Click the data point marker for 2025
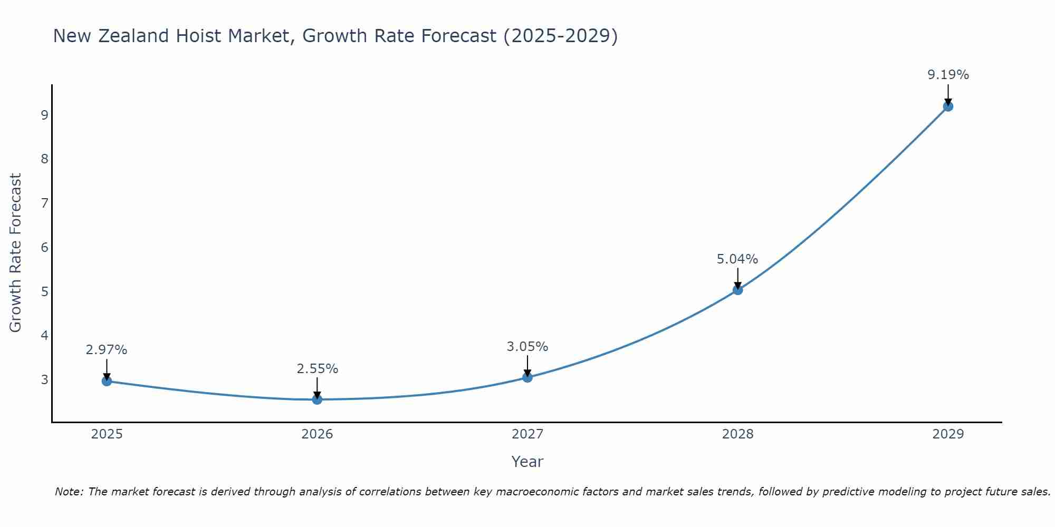point(107,381)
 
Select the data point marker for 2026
point(317,399)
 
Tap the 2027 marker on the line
point(527,377)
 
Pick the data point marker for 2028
point(737,290)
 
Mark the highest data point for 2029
point(948,106)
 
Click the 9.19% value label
point(948,75)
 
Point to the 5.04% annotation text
point(737,259)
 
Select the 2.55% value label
point(317,369)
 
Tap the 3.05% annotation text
point(527,347)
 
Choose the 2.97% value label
point(107,350)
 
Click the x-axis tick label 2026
point(317,434)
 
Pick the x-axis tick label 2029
point(948,434)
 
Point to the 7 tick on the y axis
point(44,203)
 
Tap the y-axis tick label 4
point(44,335)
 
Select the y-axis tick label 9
point(44,115)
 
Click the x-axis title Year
point(527,462)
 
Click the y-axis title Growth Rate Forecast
point(16,253)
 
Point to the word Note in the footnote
point(69,492)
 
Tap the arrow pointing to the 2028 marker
point(737,278)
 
